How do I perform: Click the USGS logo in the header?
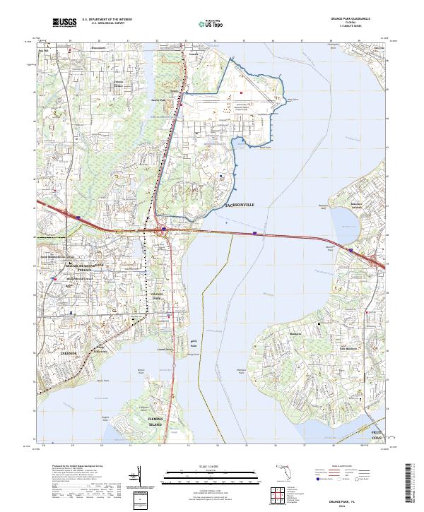click(x=64, y=23)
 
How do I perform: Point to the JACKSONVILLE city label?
click(x=239, y=205)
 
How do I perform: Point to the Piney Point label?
click(x=288, y=100)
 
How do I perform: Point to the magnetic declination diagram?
click(x=141, y=480)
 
